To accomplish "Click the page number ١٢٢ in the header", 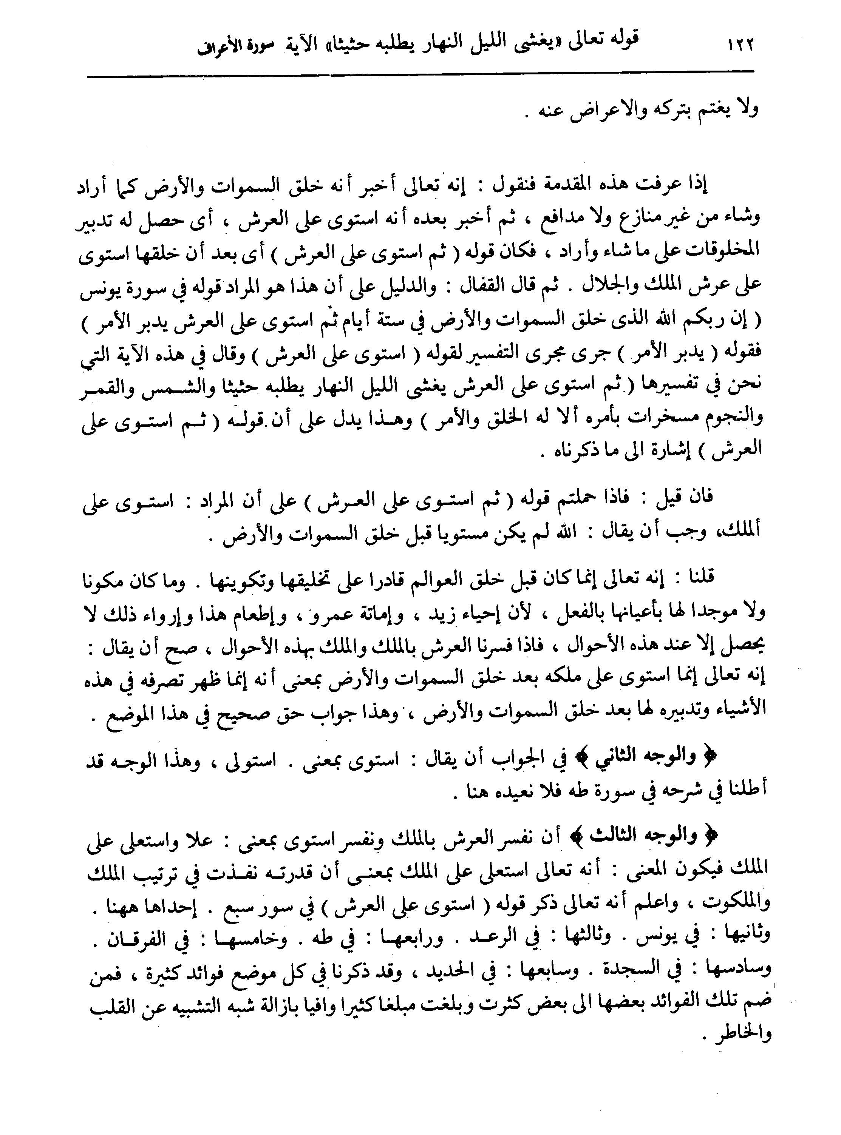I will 736,45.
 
